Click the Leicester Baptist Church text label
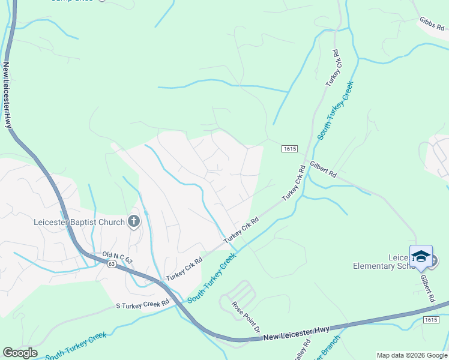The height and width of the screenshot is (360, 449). [79, 223]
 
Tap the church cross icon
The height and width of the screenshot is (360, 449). [133, 222]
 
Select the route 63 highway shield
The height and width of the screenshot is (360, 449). [112, 263]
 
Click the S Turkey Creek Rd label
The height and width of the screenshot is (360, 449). [143, 304]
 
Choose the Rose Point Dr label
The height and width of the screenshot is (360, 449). [246, 317]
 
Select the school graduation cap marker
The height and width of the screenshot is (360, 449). [421, 256]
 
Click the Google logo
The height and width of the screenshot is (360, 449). [20, 353]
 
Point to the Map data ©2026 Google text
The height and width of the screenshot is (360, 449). [411, 355]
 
